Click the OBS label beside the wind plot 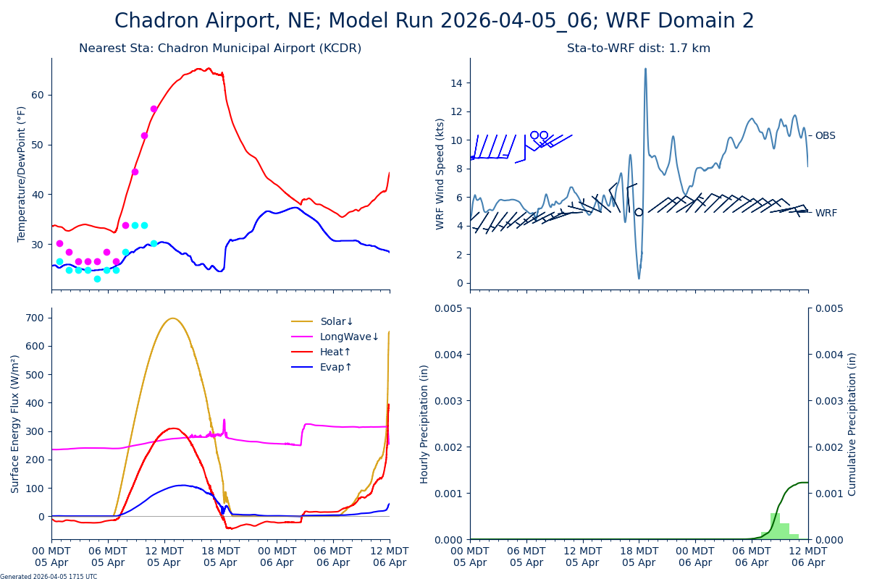coord(825,135)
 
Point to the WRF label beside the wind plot coord(826,213)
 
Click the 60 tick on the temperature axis coord(38,95)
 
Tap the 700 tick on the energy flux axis coord(35,317)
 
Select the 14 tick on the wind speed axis coord(457,83)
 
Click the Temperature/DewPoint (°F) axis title coord(22,174)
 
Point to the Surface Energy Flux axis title coord(15,423)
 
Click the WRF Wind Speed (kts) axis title coord(440,174)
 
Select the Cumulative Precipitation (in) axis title coord(852,423)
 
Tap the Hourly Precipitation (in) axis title coord(424,423)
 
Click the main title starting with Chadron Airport coord(434,21)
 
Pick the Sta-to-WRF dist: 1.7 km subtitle coord(639,48)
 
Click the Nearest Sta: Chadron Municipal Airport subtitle coord(220,48)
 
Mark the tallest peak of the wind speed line coord(645,69)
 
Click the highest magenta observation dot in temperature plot coord(154,109)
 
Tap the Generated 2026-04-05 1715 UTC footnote coord(49,576)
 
